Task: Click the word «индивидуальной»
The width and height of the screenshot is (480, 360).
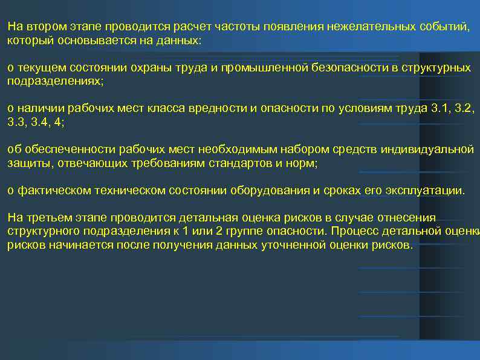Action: coord(435,150)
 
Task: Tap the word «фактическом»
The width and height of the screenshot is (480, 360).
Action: coord(48,191)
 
